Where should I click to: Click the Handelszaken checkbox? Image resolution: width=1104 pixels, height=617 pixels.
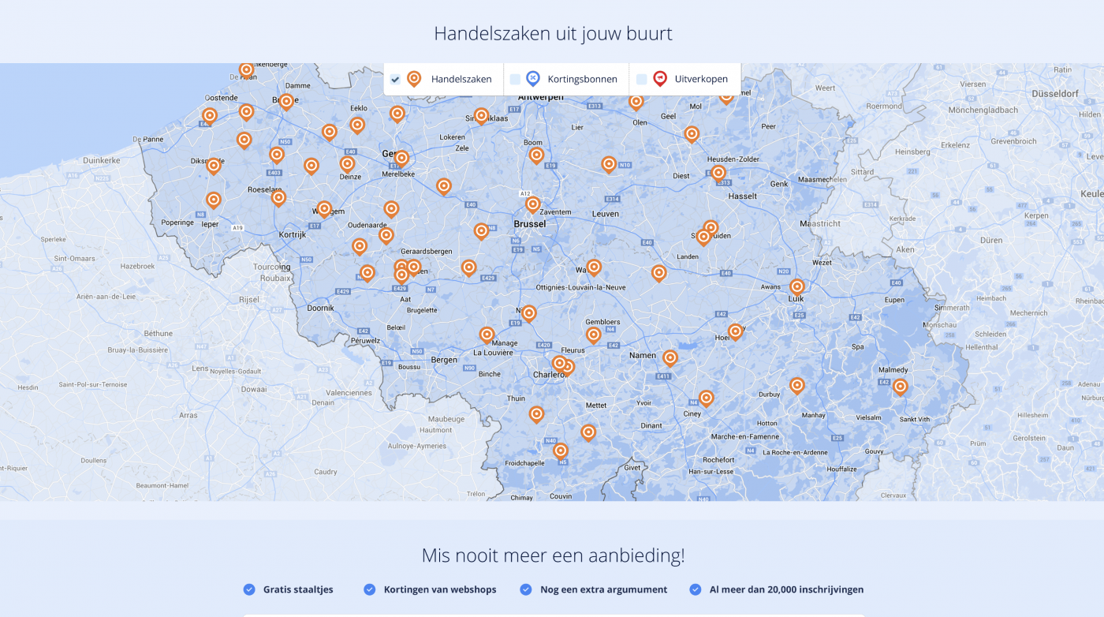click(395, 79)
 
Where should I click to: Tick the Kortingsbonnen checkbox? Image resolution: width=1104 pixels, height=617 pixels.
click(515, 79)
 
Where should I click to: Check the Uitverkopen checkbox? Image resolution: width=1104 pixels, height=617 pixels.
click(641, 79)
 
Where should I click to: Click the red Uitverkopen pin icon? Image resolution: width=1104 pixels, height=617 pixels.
click(660, 78)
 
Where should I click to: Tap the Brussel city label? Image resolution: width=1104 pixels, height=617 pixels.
click(529, 224)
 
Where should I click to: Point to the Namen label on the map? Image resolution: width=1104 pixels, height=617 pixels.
click(643, 356)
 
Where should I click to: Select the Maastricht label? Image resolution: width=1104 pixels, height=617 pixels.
click(820, 224)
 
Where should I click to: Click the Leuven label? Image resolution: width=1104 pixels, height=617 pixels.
click(606, 214)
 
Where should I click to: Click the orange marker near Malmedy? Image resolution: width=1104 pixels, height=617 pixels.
click(900, 386)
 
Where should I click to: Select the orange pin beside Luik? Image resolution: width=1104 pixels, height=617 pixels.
click(796, 286)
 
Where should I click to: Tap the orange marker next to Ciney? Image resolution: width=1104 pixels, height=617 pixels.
click(706, 397)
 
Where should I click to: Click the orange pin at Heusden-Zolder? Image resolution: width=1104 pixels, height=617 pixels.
click(718, 172)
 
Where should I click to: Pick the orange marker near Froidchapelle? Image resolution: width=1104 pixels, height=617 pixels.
click(561, 450)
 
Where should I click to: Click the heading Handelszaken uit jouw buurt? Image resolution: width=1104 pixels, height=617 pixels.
click(552, 34)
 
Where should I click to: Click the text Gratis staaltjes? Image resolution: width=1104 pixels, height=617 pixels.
click(298, 589)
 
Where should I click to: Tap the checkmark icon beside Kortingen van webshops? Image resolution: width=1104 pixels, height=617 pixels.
click(369, 589)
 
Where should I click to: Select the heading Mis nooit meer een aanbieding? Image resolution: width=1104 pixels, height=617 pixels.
click(552, 555)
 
